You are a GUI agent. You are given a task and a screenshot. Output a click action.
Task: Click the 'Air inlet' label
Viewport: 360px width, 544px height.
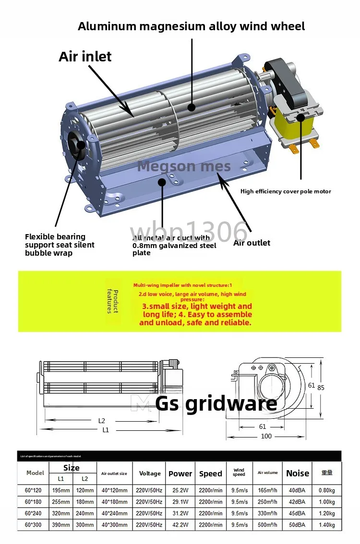(85, 57)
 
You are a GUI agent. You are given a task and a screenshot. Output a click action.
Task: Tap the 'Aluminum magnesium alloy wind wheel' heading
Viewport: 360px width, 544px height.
(191, 26)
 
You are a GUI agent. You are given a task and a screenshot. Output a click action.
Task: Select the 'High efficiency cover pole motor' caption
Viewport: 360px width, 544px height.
(286, 191)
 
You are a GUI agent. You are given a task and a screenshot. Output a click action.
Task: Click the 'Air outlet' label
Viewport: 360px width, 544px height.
(252, 243)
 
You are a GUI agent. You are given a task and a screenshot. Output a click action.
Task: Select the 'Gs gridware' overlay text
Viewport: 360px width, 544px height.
(216, 403)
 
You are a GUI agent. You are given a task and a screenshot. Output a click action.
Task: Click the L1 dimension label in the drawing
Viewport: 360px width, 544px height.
(106, 430)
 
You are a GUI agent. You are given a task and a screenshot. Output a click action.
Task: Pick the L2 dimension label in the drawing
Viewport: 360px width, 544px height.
(101, 421)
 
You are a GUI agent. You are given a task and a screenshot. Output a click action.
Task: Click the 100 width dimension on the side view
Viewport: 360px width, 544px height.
(266, 436)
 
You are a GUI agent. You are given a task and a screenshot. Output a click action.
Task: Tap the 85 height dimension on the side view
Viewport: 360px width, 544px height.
(321, 387)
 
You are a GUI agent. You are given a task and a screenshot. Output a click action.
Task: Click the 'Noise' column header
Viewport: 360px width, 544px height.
(298, 473)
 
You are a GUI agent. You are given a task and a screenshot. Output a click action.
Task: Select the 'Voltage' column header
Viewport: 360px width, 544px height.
(150, 473)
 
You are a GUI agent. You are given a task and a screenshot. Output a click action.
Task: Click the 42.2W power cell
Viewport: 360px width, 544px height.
(180, 525)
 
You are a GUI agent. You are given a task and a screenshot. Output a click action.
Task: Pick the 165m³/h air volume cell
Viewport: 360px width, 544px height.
(267, 490)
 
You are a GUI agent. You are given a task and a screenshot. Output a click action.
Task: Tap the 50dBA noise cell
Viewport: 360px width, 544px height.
(298, 525)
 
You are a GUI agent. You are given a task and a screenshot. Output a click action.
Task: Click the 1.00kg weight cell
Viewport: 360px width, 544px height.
(327, 502)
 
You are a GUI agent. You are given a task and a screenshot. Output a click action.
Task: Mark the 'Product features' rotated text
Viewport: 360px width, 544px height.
(112, 301)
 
